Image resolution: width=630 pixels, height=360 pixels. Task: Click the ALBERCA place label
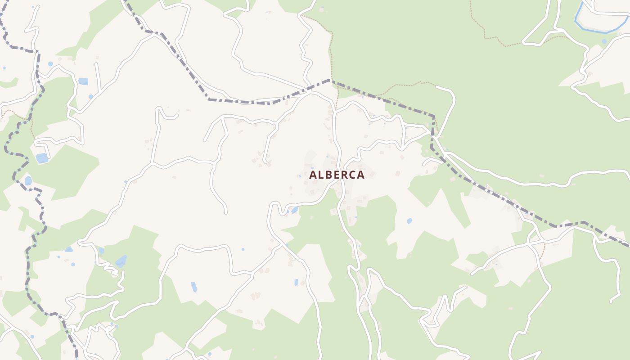coord(337,175)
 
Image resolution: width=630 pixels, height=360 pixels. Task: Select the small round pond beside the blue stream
coord(604,41)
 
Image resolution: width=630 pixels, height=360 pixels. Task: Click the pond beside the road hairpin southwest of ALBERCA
coord(294,210)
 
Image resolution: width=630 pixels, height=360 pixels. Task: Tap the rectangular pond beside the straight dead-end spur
coord(83,81)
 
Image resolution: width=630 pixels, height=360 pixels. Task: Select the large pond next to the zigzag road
coord(121,261)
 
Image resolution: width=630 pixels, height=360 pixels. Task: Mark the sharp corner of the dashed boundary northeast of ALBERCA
coord(434,117)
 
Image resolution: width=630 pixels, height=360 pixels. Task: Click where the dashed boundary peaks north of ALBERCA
coord(330,80)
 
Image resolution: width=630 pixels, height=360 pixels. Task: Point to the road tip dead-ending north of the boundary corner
coord(437,87)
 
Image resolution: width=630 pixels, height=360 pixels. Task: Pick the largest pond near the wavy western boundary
coord(42,158)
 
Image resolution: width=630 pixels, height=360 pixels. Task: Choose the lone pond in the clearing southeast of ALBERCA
coord(409,221)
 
